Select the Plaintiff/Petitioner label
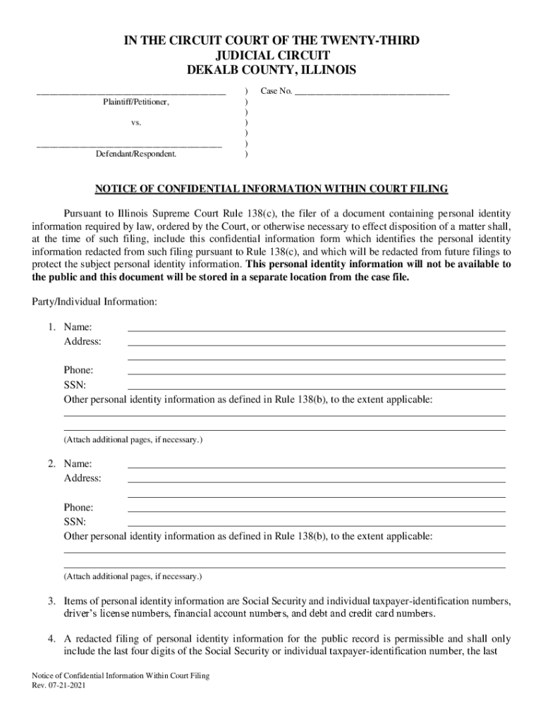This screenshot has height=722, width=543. (136, 102)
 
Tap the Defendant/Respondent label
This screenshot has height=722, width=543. (136, 153)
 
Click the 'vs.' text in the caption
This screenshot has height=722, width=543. (136, 123)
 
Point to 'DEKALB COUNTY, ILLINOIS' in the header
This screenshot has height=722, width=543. (271, 70)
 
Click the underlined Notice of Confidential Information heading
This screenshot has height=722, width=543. (271, 189)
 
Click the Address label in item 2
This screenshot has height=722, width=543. (83, 478)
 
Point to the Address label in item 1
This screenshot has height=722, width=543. (83, 341)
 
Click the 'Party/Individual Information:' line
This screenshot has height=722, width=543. (94, 302)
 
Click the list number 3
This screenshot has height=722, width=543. (51, 601)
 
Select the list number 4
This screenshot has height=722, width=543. (51, 639)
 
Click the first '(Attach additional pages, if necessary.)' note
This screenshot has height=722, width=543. (133, 440)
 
